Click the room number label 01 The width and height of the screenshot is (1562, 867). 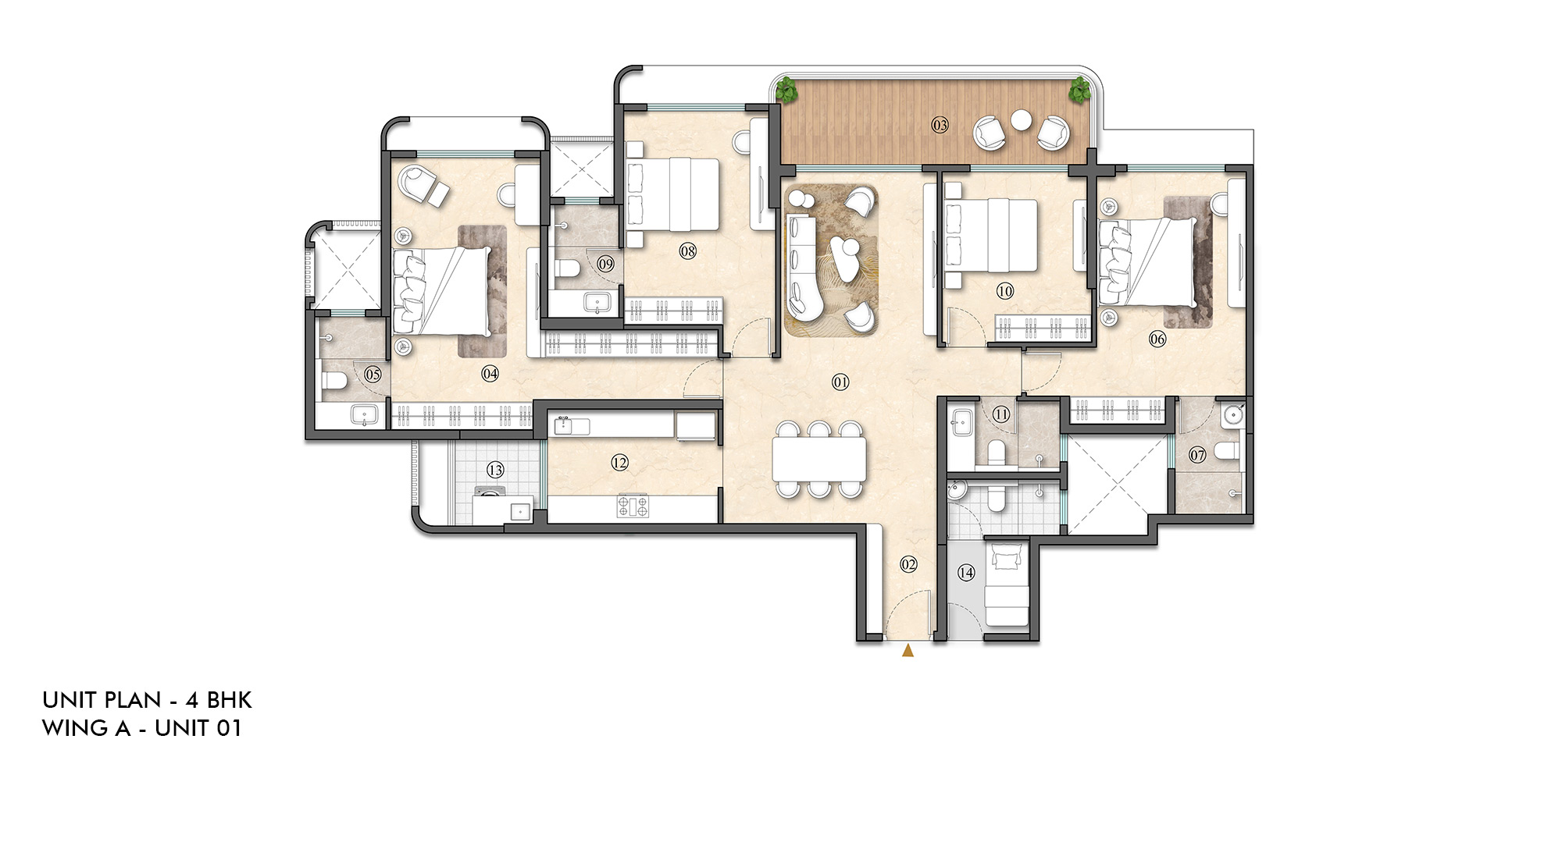840,382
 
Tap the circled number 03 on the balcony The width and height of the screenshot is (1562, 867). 940,125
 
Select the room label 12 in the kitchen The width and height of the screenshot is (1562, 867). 619,463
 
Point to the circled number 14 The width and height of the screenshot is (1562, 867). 966,572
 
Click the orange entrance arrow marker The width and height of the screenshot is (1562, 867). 908,650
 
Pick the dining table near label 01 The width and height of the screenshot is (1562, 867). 819,460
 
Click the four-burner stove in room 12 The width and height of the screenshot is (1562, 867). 633,506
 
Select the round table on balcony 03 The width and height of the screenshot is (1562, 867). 1021,120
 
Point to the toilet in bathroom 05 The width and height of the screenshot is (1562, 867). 334,381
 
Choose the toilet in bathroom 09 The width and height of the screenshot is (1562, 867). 567,268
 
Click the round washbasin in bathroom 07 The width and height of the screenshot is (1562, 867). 1233,414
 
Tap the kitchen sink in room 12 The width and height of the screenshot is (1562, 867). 562,425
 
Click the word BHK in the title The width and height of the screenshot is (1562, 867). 229,699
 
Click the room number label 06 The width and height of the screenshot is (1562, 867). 1157,339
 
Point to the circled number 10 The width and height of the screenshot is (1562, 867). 1005,291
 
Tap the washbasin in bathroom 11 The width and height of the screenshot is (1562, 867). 960,422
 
